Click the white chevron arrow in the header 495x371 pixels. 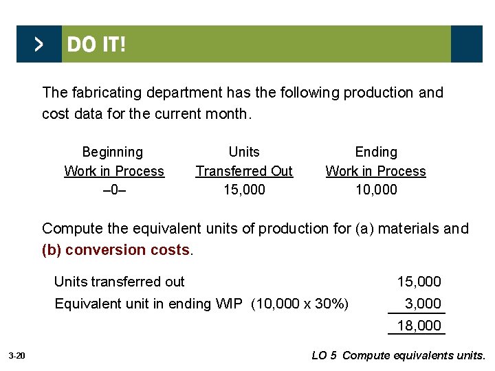pos(38,45)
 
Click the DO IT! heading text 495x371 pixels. pos(96,45)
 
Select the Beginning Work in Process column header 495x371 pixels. pos(113,161)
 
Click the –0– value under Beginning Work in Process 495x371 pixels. pos(113,190)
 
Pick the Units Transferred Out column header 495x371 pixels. pos(244,161)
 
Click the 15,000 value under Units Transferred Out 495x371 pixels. pos(244,190)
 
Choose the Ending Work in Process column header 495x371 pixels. pos(375,161)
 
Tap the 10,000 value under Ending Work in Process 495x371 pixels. pos(376,190)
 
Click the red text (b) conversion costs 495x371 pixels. pos(117,250)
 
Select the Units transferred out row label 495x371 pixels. pos(119,282)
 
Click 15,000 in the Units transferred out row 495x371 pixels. pos(419,282)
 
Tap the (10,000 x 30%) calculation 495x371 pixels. pos(300,304)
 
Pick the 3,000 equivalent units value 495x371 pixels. pos(423,304)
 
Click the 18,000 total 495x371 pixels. pos(419,326)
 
